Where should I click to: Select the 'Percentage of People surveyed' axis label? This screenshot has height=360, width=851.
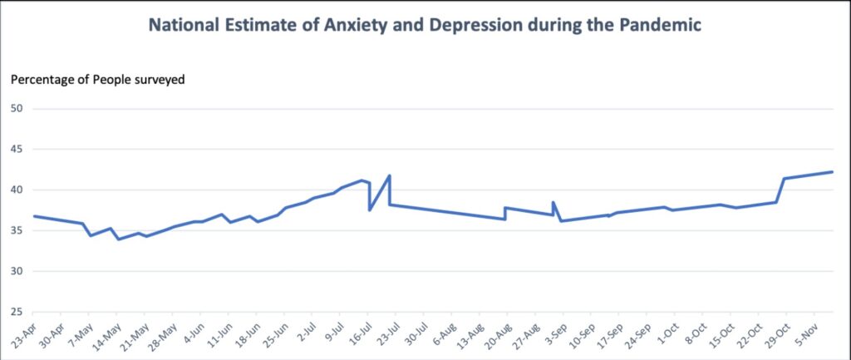pyautogui.click(x=97, y=80)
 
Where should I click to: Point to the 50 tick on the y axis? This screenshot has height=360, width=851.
pyautogui.click(x=16, y=109)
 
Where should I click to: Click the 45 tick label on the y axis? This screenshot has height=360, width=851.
pyautogui.click(x=16, y=150)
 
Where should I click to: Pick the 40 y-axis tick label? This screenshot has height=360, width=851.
pyautogui.click(x=16, y=190)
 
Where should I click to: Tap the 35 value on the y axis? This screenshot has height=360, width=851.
pyautogui.click(x=16, y=231)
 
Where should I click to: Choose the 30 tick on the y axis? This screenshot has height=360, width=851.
pyautogui.click(x=16, y=272)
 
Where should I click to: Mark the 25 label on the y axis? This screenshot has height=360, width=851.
pyautogui.click(x=16, y=313)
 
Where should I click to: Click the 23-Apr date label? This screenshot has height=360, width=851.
pyautogui.click(x=24, y=334)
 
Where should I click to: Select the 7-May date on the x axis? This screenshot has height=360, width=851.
pyautogui.click(x=81, y=334)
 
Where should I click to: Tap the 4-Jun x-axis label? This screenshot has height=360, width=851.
pyautogui.click(x=193, y=334)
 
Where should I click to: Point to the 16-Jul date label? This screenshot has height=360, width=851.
pyautogui.click(x=360, y=334)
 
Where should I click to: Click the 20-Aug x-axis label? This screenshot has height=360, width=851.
pyautogui.click(x=499, y=334)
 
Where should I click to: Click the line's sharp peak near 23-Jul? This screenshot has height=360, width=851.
pyautogui.click(x=389, y=175)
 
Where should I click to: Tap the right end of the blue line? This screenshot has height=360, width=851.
pyautogui.click(x=832, y=172)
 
